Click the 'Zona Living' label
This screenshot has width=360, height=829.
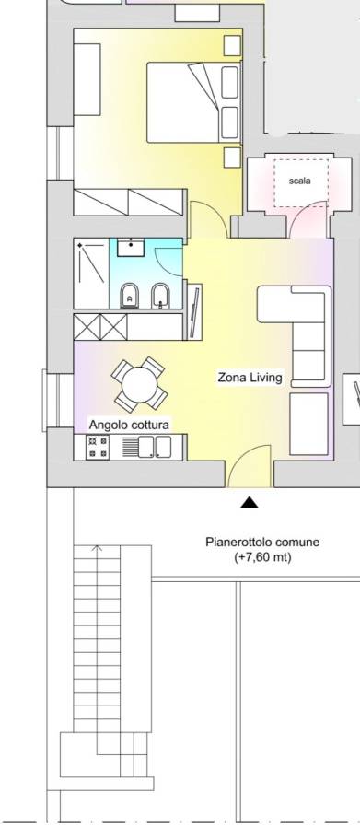pos(250,378)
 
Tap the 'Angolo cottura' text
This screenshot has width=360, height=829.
pos(129,425)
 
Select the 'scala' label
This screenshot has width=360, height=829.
pos(300,181)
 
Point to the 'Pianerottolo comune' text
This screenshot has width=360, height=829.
pos(262,542)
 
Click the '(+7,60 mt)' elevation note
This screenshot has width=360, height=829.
pos(262,556)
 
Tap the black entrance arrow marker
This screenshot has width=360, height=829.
pos(249,503)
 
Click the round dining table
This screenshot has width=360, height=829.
pos(139,384)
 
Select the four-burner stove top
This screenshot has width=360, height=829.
pos(97,448)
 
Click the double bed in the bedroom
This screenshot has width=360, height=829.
pos(193,102)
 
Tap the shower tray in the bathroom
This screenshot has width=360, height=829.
pos(91,273)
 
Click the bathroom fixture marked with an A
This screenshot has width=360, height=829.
pos(129,296)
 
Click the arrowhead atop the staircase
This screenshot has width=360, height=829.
pos(97,548)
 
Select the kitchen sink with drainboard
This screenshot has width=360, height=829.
pos(147,447)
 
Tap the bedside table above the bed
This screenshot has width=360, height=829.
pos(232,45)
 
